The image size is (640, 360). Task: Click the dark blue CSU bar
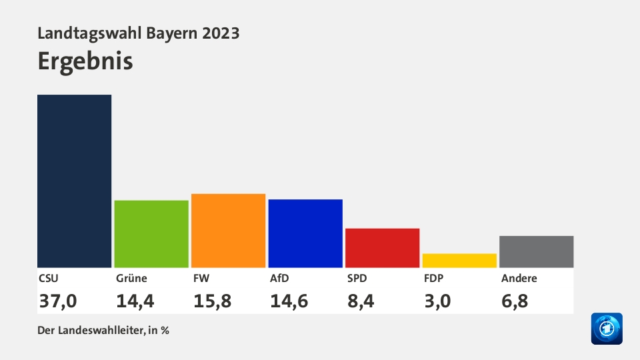(x=74, y=181)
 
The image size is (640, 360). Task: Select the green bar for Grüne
(x=151, y=234)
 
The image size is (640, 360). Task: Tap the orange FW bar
(x=228, y=231)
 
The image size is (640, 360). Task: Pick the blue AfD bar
(x=305, y=233)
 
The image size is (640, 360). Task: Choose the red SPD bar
(x=382, y=248)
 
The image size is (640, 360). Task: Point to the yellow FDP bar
(x=459, y=261)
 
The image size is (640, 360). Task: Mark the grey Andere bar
(x=536, y=252)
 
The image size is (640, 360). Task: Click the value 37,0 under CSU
(x=57, y=301)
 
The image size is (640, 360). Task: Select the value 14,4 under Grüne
(x=135, y=301)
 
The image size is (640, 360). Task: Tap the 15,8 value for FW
(x=212, y=301)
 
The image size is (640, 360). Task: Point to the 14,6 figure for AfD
(x=289, y=301)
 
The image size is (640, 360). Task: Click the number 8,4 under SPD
(x=360, y=301)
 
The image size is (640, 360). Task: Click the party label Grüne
(x=131, y=279)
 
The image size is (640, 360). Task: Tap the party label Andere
(x=519, y=279)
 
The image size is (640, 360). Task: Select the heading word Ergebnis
(x=85, y=61)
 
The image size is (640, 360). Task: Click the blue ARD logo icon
(x=606, y=329)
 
